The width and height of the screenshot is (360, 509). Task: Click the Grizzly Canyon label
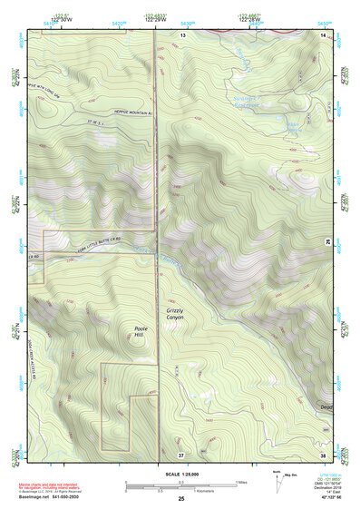[x=174, y=316]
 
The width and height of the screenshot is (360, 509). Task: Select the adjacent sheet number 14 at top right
[x=323, y=34]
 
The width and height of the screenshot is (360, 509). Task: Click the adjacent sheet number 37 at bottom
[x=181, y=453]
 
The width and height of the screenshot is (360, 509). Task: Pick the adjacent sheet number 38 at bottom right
[x=323, y=453]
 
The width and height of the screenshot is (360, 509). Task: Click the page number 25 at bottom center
[x=181, y=499]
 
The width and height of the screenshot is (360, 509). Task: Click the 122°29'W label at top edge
[x=155, y=19]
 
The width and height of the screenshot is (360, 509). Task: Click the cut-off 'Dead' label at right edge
[x=326, y=407]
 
